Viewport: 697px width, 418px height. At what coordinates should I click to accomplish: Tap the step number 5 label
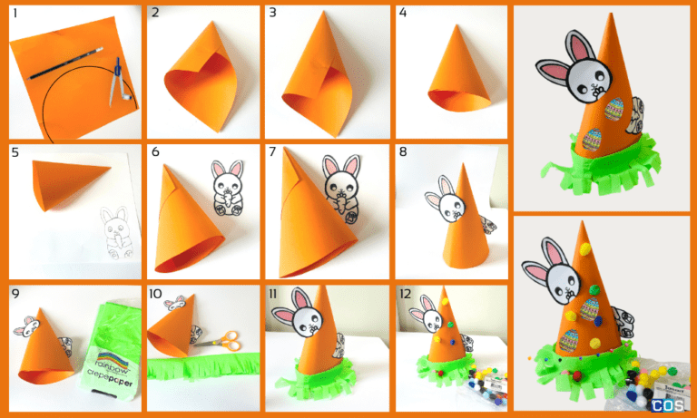point(15,152)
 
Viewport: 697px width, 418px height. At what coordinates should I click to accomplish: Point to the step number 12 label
point(407,294)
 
